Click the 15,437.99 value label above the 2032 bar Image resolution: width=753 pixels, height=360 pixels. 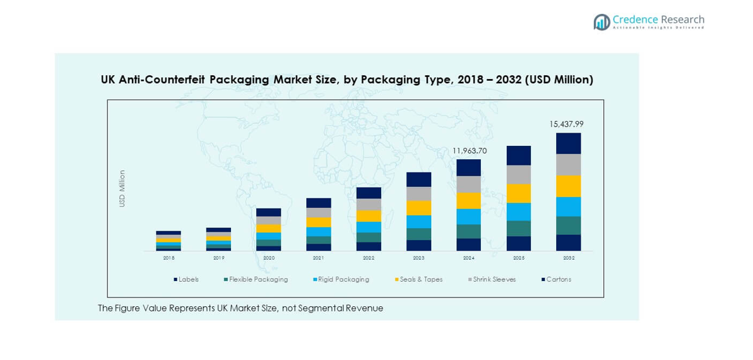566,124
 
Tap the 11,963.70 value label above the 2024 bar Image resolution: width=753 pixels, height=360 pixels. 469,151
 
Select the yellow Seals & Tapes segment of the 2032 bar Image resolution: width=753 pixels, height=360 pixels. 568,186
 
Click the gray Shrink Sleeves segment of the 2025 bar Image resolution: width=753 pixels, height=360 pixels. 518,174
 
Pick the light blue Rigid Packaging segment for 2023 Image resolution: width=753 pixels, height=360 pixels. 418,222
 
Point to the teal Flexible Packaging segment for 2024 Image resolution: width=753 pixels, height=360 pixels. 468,231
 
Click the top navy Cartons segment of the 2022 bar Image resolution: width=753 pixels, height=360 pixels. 369,193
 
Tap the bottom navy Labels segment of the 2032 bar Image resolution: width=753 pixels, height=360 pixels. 568,243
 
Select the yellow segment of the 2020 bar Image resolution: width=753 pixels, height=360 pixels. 268,228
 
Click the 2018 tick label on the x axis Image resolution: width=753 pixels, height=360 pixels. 169,258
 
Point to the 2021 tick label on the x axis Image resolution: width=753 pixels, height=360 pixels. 319,258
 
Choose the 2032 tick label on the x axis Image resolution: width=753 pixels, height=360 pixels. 568,258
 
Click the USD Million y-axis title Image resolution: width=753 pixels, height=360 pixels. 122,188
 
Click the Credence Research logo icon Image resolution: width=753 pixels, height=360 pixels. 602,22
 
